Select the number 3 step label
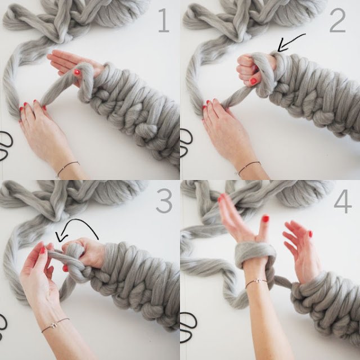click(163, 201)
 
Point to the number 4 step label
click(343, 201)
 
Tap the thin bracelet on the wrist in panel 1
click(67, 166)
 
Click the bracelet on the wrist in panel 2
click(248, 166)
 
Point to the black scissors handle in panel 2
click(186, 144)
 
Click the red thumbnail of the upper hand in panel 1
click(77, 72)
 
